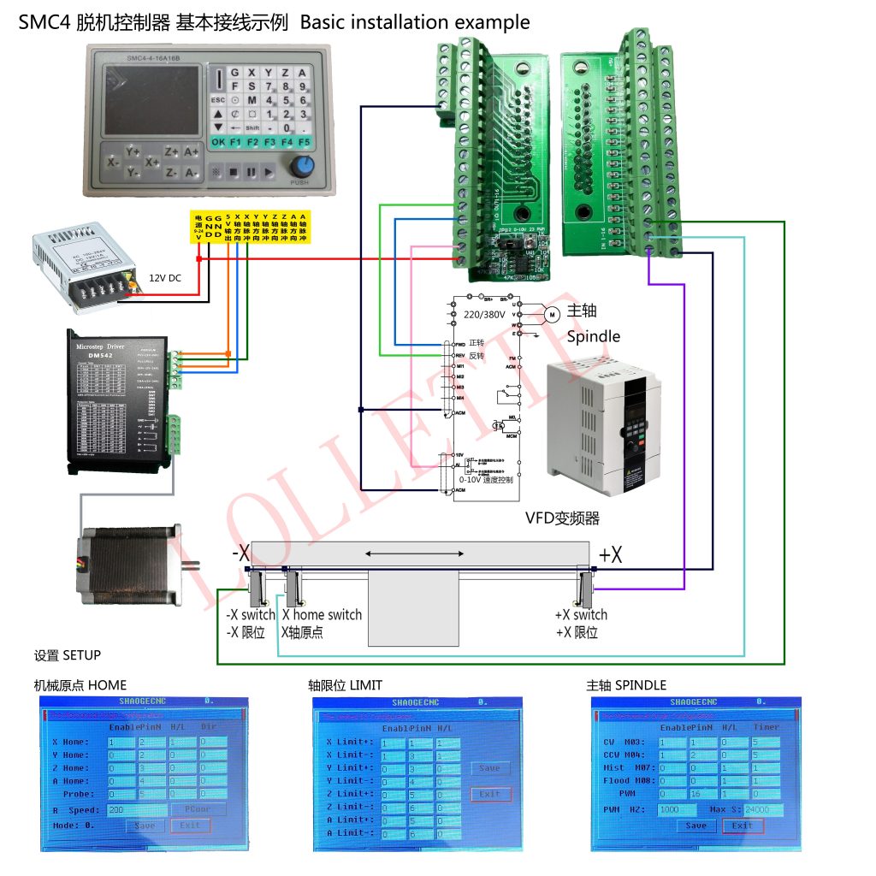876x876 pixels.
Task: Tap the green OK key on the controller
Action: coord(218,141)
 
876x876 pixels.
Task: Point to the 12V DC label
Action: coord(166,278)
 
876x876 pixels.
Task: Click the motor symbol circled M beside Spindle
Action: coord(552,314)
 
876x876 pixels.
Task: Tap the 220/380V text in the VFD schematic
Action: coord(485,315)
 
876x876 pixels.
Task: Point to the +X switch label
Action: coord(581,615)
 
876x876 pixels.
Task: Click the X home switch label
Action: coord(322,615)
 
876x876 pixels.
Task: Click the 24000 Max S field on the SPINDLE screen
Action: coord(763,809)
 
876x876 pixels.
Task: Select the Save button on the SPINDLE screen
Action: coord(696,826)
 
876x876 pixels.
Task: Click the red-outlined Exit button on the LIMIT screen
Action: coord(490,794)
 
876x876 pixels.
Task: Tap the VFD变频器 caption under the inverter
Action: coord(562,518)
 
